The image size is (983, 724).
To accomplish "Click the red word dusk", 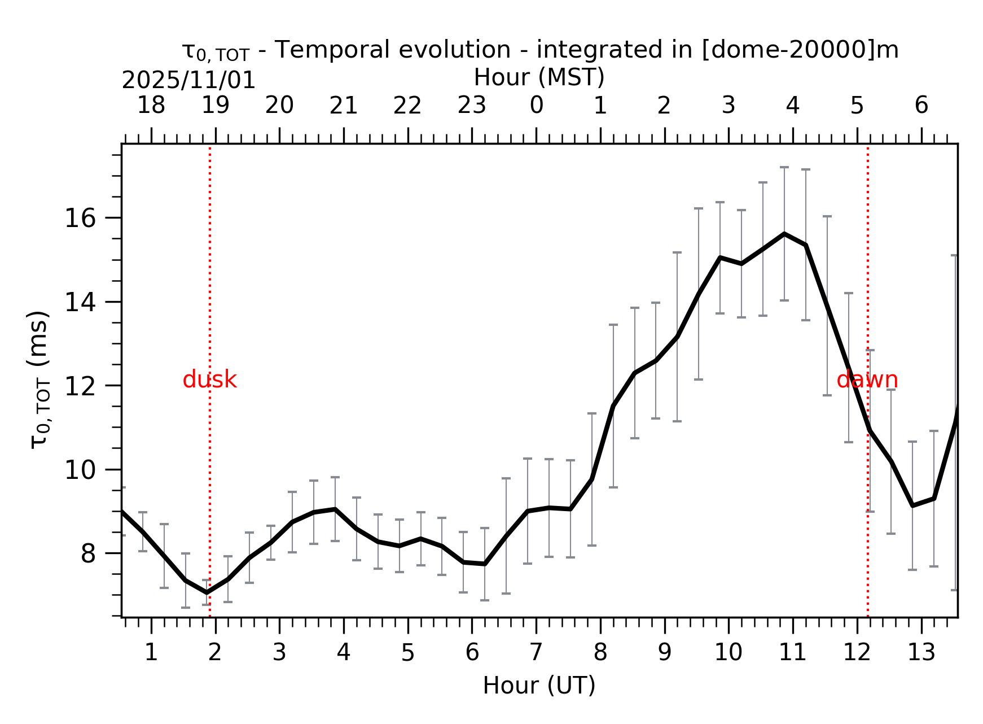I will [x=209, y=380].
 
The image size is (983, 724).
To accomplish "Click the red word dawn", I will [x=867, y=380].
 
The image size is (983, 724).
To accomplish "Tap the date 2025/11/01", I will [x=188, y=81].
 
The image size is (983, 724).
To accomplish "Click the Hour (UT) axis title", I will [x=539, y=686].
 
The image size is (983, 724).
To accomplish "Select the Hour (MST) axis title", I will [x=539, y=77].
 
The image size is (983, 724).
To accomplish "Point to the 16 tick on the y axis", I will [x=80, y=219].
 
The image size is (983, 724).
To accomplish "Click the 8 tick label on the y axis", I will [x=88, y=554].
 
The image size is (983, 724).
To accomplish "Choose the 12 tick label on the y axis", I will [x=80, y=386].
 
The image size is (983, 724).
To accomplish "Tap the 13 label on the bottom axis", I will [x=921, y=653].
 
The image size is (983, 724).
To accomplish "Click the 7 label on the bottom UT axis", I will [x=536, y=653].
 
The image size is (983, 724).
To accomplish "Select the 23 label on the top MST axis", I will [x=472, y=106].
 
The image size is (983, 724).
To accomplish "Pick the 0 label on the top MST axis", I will [x=536, y=106].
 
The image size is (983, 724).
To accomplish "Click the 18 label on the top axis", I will [x=151, y=106].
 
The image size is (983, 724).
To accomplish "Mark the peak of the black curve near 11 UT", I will [x=784, y=233].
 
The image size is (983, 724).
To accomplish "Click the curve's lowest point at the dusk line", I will [x=207, y=592].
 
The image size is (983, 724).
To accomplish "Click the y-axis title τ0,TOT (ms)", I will [x=39, y=380].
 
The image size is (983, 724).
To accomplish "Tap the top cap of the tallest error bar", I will [x=784, y=167].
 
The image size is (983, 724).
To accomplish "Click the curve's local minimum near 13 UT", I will [x=912, y=505].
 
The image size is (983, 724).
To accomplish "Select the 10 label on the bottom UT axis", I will [x=728, y=653].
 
